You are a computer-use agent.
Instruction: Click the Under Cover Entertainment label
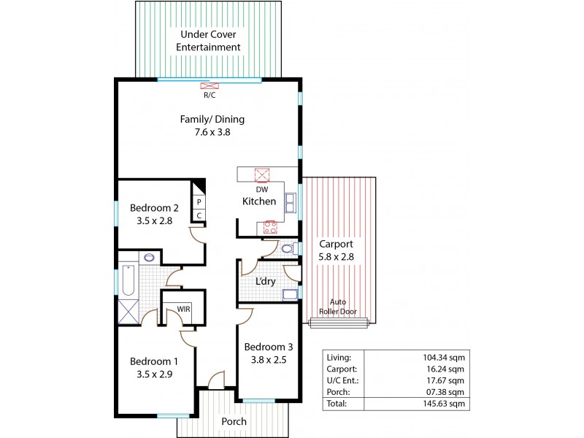210,40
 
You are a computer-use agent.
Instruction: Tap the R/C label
209,95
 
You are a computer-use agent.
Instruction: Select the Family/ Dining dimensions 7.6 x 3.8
213,133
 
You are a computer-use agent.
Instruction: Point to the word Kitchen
259,201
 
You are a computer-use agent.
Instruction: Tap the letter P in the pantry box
198,202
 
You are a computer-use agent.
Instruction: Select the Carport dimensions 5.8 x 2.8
336,258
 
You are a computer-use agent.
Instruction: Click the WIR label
183,310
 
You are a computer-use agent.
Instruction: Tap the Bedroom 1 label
153,361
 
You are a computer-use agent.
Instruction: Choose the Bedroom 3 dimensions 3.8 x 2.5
268,358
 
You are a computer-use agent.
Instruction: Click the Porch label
234,422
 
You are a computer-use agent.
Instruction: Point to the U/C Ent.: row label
344,380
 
